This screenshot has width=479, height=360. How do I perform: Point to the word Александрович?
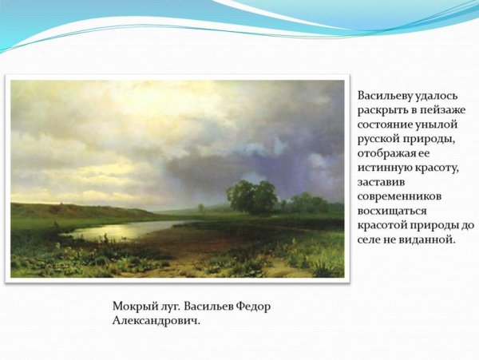click(x=156, y=320)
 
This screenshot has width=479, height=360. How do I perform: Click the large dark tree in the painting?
click(x=251, y=196)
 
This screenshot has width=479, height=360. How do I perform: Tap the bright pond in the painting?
click(x=120, y=231)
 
